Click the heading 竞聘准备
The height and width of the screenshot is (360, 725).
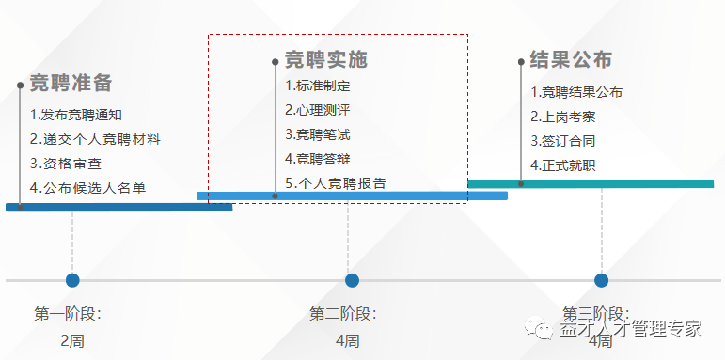pyautogui.click(x=71, y=83)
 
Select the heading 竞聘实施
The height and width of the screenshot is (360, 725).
pyautogui.click(x=325, y=59)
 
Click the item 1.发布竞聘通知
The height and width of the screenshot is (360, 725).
pyautogui.click(x=76, y=116)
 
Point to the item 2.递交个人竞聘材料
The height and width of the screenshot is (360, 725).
pyautogui.click(x=95, y=139)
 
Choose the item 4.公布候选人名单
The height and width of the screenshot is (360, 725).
pyautogui.click(x=87, y=187)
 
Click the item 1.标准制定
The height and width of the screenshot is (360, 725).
pyautogui.click(x=318, y=86)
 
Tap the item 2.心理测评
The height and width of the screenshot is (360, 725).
pyautogui.click(x=318, y=110)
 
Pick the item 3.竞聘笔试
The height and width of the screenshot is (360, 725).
pyautogui.click(x=318, y=134)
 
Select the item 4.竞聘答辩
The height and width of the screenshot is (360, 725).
pyautogui.click(x=318, y=159)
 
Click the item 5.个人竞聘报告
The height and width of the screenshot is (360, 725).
pyautogui.click(x=336, y=183)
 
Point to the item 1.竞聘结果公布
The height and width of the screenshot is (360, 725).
pyautogui.click(x=576, y=92)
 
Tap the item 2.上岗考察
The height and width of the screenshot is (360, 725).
pyautogui.click(x=563, y=117)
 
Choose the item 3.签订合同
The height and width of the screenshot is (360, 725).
pyautogui.click(x=563, y=141)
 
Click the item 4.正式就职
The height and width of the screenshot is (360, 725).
pyautogui.click(x=563, y=165)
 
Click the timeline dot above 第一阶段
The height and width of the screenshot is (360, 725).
pyautogui.click(x=72, y=280)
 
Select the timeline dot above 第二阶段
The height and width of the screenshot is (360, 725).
pyautogui.click(x=352, y=280)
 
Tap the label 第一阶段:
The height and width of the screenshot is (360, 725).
pyautogui.click(x=68, y=314)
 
